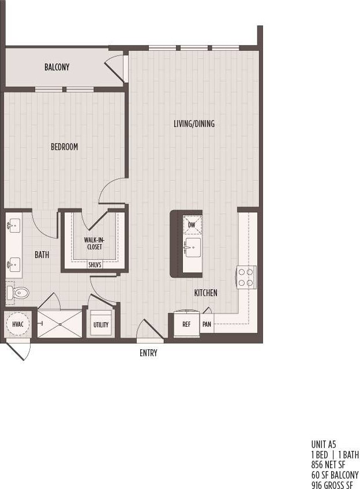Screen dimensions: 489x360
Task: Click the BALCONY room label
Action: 57,68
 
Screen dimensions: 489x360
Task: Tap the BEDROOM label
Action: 64,147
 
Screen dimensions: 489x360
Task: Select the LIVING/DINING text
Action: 194,124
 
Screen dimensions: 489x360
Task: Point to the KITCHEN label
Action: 205,293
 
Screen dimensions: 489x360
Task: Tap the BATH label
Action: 42,255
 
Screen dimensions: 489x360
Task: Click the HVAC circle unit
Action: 17,325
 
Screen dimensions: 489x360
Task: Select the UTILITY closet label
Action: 101,325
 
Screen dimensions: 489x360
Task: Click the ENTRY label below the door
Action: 148,353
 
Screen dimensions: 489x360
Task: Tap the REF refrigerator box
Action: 186,324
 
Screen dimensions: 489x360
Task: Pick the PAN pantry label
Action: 207,324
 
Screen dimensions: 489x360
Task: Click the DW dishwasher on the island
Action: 192,225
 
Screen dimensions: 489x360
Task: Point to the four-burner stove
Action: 246,277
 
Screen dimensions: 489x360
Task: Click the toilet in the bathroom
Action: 18,293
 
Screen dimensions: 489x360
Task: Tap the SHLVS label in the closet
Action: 94,265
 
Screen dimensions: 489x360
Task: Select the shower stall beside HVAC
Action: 60,324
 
